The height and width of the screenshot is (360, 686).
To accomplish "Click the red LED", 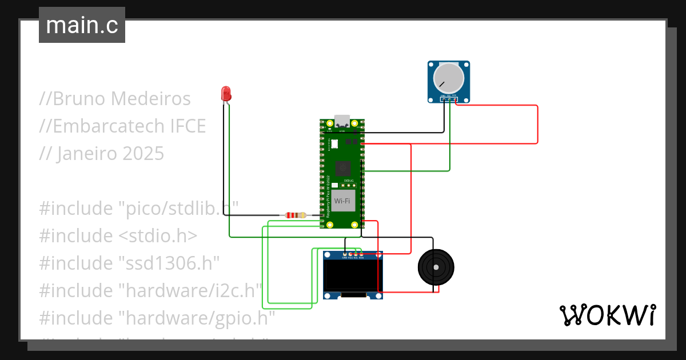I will coord(226,93).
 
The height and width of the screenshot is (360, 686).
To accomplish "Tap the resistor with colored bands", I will coord(294,215).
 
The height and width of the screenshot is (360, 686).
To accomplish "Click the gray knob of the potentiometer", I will coord(449,78).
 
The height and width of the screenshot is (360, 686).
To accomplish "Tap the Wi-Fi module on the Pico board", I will coord(342,201).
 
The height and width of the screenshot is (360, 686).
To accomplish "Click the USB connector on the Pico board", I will coord(342,121).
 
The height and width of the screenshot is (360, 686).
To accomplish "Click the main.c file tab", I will coord(82,25).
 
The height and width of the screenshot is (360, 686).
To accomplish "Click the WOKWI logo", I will coord(607,315).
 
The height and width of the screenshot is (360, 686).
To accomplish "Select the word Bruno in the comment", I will coord(79,99).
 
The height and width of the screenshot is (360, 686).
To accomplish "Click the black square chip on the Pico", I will coord(342,168).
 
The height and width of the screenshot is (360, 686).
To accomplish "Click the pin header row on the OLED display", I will coord(353,253).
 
